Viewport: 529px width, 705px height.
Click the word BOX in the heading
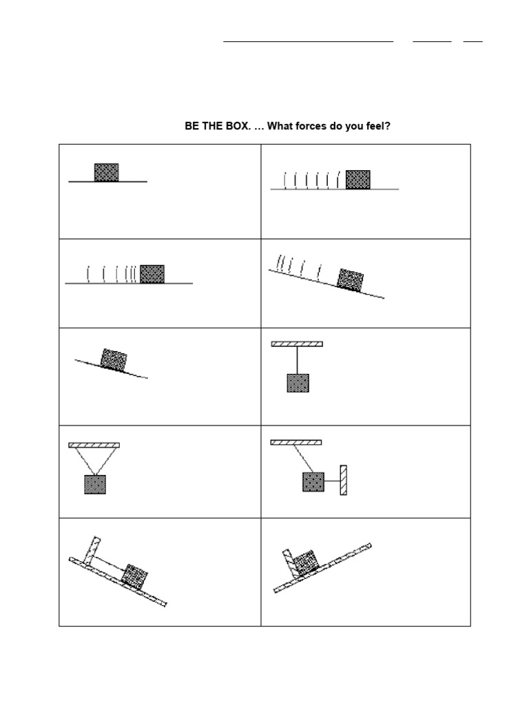click(x=234, y=127)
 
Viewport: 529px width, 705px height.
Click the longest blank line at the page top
click(x=308, y=41)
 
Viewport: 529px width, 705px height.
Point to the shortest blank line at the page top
click(x=473, y=41)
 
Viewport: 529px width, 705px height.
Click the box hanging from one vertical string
click(x=298, y=383)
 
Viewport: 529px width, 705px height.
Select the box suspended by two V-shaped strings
click(x=95, y=484)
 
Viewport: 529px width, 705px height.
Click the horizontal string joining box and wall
click(x=331, y=481)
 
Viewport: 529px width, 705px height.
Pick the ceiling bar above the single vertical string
click(x=297, y=344)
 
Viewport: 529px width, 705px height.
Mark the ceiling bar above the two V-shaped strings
click(x=94, y=445)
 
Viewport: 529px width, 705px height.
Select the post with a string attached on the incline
click(x=92, y=551)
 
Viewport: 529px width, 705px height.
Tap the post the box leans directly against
click(x=290, y=563)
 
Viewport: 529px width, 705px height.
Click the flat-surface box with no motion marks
click(x=106, y=172)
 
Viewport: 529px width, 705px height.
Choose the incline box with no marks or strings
click(x=114, y=359)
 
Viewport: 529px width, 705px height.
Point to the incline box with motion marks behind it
click(x=350, y=279)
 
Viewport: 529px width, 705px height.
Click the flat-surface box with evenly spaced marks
click(x=357, y=179)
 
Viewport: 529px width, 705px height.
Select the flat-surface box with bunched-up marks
click(x=152, y=274)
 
